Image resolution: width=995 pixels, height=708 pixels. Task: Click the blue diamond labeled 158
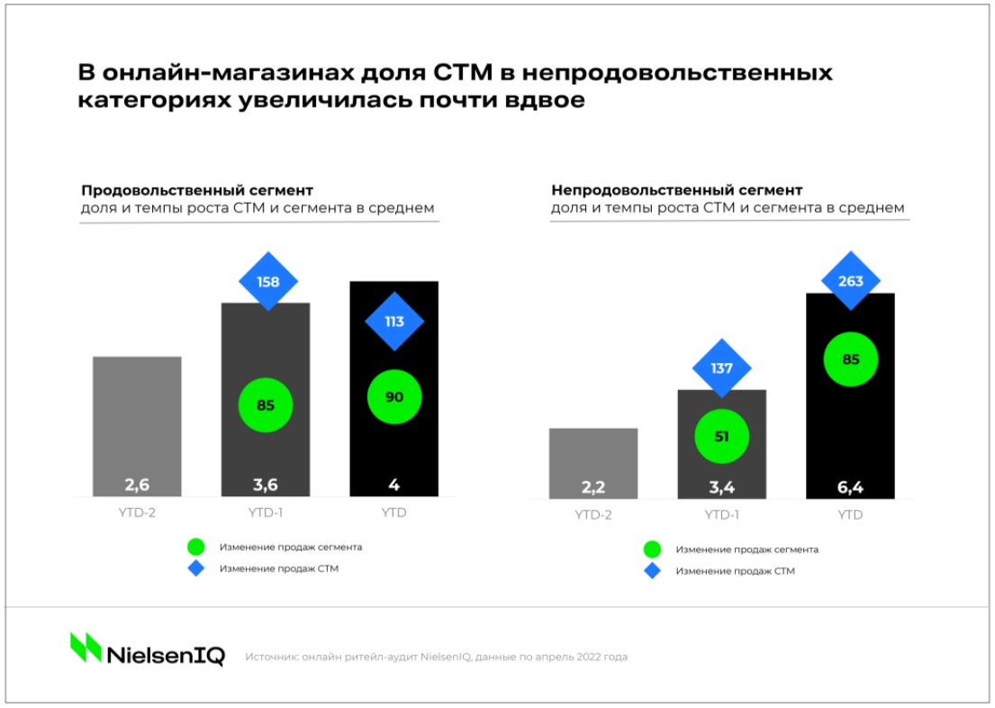[x=267, y=282]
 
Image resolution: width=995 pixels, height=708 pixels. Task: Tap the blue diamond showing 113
[x=394, y=322]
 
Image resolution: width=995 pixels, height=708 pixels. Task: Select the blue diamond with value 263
[x=850, y=281]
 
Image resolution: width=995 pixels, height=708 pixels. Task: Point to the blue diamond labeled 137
[x=721, y=368]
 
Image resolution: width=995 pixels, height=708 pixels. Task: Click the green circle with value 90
[x=394, y=396]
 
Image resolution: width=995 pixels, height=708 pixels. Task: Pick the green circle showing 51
[x=721, y=437]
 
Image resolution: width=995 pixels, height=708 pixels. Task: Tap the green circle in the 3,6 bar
[x=266, y=404]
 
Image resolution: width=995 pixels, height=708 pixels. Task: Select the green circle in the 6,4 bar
[x=850, y=359]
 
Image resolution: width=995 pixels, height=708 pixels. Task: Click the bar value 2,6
[x=137, y=485]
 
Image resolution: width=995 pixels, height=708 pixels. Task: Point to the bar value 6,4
[x=850, y=487]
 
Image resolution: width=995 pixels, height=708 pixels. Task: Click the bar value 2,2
[x=592, y=487]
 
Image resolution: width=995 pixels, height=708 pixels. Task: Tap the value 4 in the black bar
[x=394, y=485]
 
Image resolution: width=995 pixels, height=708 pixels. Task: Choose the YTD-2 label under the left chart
[x=137, y=513]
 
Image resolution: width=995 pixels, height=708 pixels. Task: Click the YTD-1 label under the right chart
[x=721, y=515]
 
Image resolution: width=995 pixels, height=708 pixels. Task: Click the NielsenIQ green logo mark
[x=86, y=648]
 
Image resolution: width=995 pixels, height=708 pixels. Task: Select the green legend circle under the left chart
[x=195, y=547]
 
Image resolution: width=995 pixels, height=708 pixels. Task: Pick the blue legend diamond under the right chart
[x=652, y=570]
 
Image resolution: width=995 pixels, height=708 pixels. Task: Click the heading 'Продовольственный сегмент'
[x=197, y=191]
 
